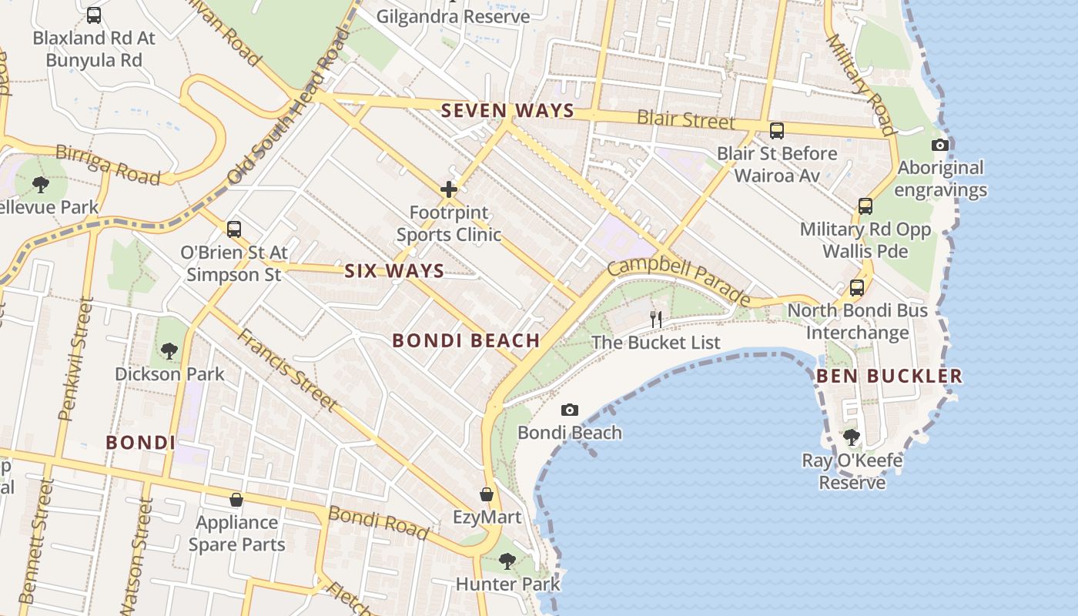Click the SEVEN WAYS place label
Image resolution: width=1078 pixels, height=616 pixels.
point(507,111)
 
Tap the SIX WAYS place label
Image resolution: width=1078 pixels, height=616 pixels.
point(394,271)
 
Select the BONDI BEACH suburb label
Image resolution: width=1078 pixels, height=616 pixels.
point(466,340)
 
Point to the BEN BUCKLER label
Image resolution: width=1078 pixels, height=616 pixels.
point(889,377)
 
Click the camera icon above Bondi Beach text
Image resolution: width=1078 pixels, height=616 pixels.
point(570,410)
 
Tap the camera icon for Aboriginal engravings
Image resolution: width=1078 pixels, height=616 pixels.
point(939,145)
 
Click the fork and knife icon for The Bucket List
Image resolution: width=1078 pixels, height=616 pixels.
point(656,319)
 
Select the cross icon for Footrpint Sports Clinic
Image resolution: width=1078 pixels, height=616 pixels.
point(449,189)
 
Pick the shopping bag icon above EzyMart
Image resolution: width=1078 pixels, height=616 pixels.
point(487,494)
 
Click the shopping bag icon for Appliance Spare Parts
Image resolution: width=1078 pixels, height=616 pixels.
point(236,500)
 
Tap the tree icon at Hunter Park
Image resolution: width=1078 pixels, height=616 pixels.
point(507,561)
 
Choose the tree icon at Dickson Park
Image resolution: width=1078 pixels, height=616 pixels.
point(169,351)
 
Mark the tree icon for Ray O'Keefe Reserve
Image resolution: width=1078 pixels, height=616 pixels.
point(852,437)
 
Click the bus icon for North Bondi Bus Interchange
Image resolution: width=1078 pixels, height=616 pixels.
point(856,288)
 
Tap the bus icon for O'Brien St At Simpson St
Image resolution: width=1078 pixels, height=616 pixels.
point(234,229)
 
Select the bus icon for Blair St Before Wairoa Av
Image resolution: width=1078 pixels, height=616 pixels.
point(776,131)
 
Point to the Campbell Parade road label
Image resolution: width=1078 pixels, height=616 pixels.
point(678,282)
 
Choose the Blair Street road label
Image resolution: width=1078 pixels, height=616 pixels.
point(685,121)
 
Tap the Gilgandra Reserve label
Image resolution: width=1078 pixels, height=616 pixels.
point(453,16)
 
